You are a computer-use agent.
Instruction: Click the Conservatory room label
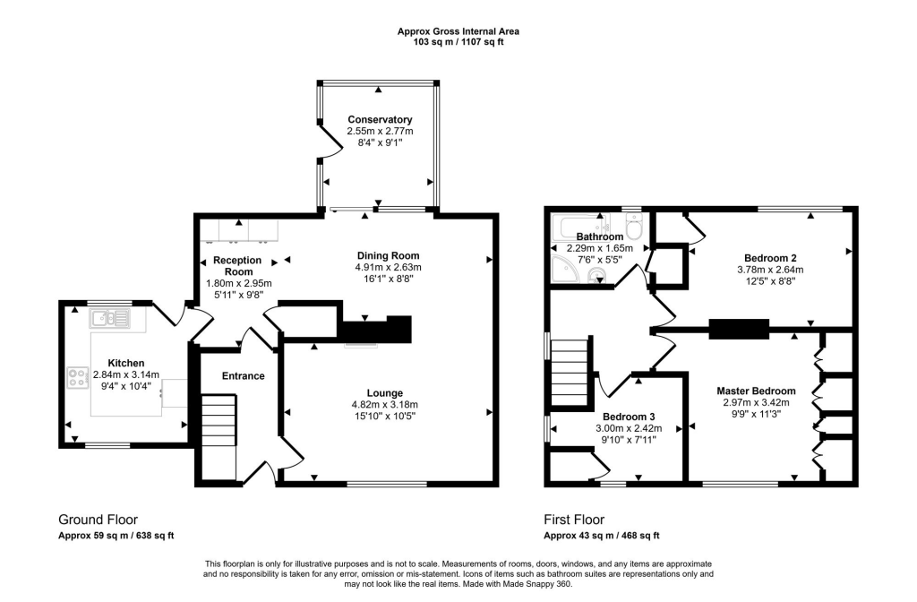tap(380, 120)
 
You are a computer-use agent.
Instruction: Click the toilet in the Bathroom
tap(634, 228)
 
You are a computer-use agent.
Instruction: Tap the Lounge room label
tap(384, 392)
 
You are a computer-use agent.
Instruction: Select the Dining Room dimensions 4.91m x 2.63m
tap(384, 267)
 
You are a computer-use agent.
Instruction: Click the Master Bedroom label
tap(756, 391)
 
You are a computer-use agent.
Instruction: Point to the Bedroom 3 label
tap(628, 417)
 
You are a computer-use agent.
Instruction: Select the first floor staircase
tap(570, 372)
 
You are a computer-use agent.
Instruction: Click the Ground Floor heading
tap(98, 520)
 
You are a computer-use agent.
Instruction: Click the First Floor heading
tap(574, 520)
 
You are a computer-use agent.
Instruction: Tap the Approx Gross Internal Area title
tap(458, 31)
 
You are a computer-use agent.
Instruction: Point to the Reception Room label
tap(236, 266)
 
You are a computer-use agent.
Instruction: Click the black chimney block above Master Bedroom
tap(739, 329)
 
